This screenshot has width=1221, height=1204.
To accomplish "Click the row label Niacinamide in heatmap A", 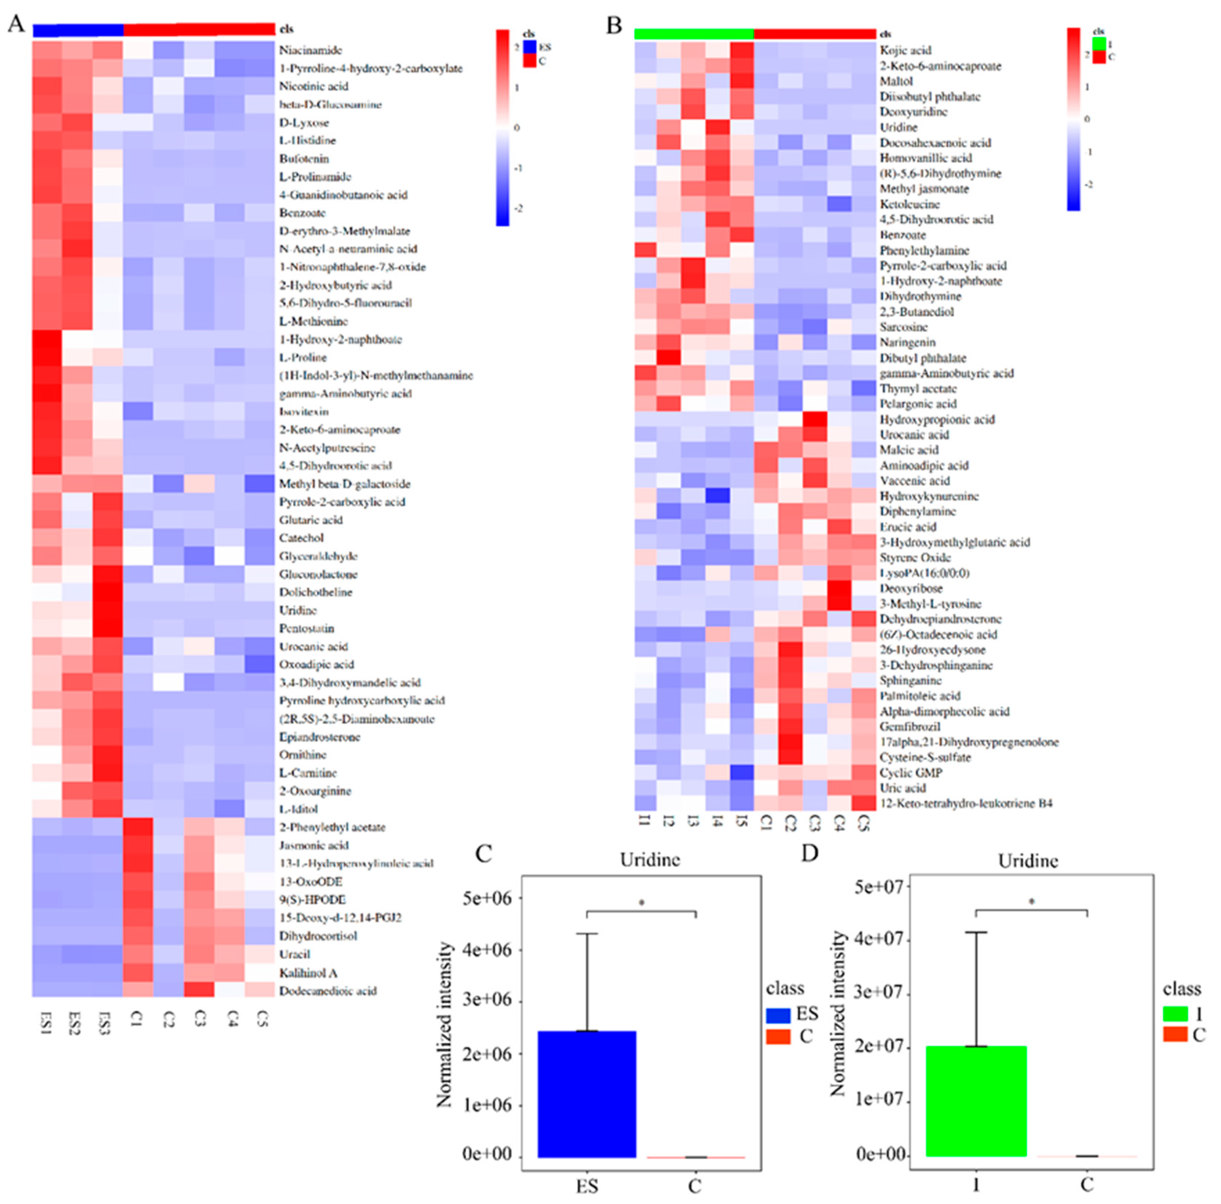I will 310,50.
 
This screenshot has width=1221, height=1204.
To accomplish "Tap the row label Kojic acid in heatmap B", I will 905,50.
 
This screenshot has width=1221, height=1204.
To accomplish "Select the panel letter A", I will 16,24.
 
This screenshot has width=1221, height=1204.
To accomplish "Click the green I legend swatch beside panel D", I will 1175,1014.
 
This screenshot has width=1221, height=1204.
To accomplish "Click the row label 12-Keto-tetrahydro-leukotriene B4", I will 966,803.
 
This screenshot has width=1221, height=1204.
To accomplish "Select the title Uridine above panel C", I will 650,860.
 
